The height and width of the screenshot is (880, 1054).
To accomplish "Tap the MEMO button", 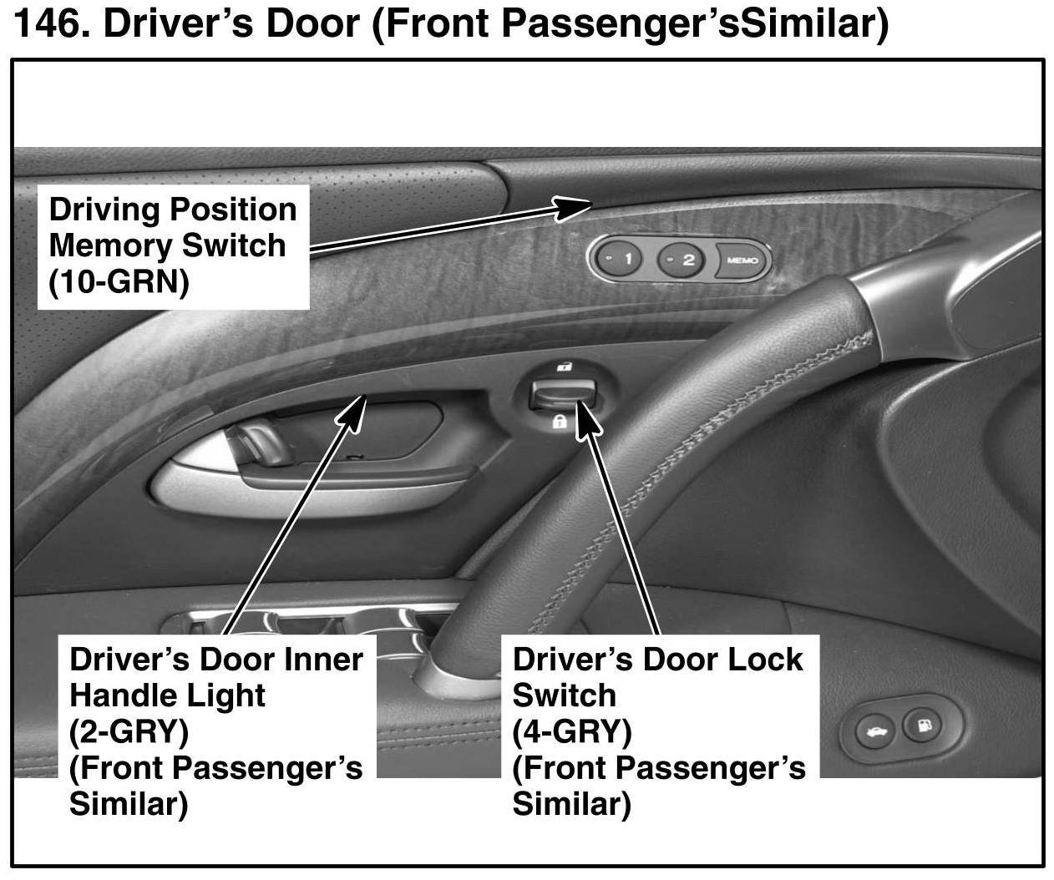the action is point(742,260).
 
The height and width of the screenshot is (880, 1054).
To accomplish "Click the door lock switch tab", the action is point(562,393).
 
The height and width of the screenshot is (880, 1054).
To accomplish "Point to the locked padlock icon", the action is point(560,422).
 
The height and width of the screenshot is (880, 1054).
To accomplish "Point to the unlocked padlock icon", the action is point(565,367).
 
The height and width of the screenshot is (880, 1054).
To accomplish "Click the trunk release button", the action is point(874,731).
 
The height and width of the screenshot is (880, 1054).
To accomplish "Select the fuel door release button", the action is point(923,726).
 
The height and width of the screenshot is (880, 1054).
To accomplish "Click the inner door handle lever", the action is point(257,444).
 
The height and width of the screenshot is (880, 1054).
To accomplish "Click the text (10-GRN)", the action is point(119,281).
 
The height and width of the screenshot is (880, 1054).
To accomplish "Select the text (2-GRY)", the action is point(129,732).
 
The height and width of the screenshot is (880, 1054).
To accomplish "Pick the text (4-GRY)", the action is point(572,732).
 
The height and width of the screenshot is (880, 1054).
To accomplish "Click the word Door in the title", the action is point(313,23).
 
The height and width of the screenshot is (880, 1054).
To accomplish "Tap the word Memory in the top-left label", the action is point(111,245).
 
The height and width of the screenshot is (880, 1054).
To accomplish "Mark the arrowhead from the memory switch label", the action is point(572,207).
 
